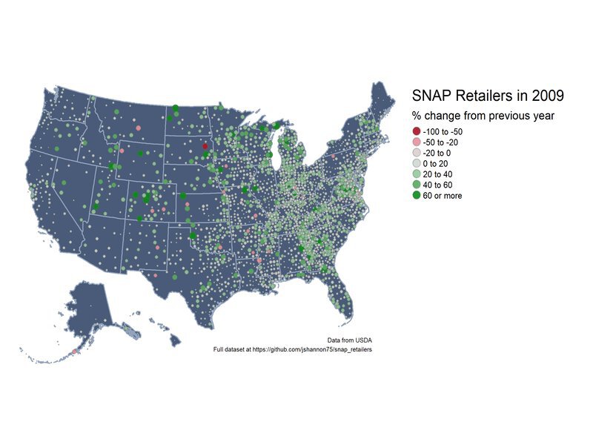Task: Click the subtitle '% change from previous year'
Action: [x=483, y=116]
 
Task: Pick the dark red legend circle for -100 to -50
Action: [x=416, y=131]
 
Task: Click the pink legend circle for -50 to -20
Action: [x=416, y=142]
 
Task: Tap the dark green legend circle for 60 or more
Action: [x=416, y=196]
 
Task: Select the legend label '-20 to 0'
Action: [x=437, y=153]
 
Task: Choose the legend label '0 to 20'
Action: [x=437, y=163]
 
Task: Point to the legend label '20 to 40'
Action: [x=439, y=174]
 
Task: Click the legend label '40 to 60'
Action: [x=439, y=185]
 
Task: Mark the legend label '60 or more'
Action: [x=443, y=196]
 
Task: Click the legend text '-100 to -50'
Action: [x=443, y=131]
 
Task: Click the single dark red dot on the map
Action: [x=205, y=147]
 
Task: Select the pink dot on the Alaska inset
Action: [x=75, y=351]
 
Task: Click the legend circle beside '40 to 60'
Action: [x=416, y=185]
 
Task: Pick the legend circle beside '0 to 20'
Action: [x=416, y=163]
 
